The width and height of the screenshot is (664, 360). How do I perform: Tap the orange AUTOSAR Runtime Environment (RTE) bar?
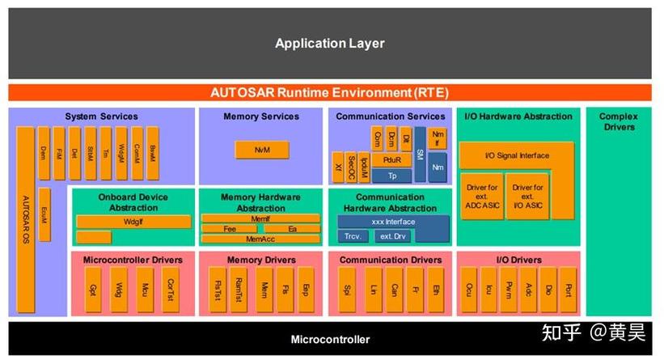[329, 92]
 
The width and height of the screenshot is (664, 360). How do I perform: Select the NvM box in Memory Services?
[261, 150]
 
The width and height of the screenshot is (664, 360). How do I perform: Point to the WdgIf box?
[133, 221]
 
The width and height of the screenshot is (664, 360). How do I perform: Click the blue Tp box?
[392, 176]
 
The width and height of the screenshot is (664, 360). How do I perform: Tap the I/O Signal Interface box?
[516, 155]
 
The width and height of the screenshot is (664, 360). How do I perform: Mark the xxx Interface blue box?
[393, 222]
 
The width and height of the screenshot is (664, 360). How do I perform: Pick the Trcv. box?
[352, 236]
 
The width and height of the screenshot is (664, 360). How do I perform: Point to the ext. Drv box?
[393, 236]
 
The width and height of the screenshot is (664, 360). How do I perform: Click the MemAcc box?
[260, 239]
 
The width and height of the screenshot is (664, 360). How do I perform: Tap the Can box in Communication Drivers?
[393, 289]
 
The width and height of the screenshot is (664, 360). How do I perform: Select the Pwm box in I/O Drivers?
[508, 289]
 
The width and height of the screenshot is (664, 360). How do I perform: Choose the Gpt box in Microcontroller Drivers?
[93, 289]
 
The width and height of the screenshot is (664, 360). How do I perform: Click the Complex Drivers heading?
[618, 121]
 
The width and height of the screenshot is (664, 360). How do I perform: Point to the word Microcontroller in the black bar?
[330, 340]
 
